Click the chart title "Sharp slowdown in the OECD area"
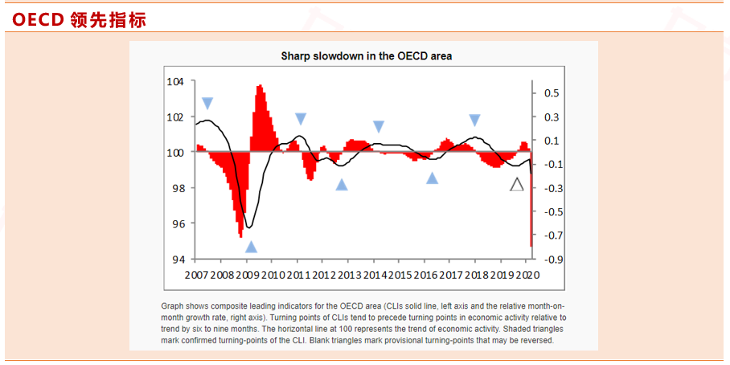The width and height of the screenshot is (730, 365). click(x=366, y=55)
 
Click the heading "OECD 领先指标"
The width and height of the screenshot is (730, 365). click(x=79, y=20)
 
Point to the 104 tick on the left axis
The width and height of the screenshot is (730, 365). click(x=175, y=82)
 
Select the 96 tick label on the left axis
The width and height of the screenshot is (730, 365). click(x=178, y=224)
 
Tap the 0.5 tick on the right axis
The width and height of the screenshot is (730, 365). click(x=551, y=93)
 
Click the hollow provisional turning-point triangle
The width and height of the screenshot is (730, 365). click(x=517, y=185)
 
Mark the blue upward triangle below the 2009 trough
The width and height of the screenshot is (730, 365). click(x=251, y=247)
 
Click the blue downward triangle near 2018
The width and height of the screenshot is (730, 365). click(x=474, y=121)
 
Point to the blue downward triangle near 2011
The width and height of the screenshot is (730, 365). click(x=301, y=119)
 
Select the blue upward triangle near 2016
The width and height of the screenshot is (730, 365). click(x=432, y=178)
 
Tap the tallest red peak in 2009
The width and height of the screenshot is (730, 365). click(x=260, y=87)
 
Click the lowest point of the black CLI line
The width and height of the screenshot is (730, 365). click(x=249, y=228)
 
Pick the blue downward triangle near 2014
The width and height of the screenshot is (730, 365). click(x=379, y=126)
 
